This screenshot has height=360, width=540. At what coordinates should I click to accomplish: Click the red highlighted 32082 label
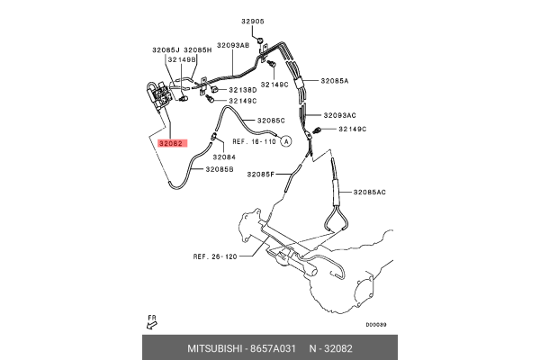pyautogui.click(x=172, y=143)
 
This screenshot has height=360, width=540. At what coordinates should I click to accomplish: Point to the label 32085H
pyautogui.click(x=197, y=50)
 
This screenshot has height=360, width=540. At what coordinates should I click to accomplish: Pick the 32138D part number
pyautogui.click(x=243, y=90)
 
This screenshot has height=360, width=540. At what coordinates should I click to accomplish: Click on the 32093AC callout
pyautogui.click(x=339, y=115)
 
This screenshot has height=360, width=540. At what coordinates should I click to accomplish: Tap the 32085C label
pyautogui.click(x=271, y=120)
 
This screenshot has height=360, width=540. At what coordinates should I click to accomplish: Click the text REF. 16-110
pyautogui.click(x=254, y=141)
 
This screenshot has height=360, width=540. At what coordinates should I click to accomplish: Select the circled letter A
pyautogui.click(x=286, y=141)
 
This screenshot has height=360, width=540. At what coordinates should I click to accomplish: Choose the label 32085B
pyautogui.click(x=220, y=168)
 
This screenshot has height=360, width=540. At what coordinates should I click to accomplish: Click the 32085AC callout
pyautogui.click(x=369, y=192)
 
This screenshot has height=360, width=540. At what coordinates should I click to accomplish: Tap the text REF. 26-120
pyautogui.click(x=213, y=256)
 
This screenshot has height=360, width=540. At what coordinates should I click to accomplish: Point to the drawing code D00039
pyautogui.click(x=376, y=326)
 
